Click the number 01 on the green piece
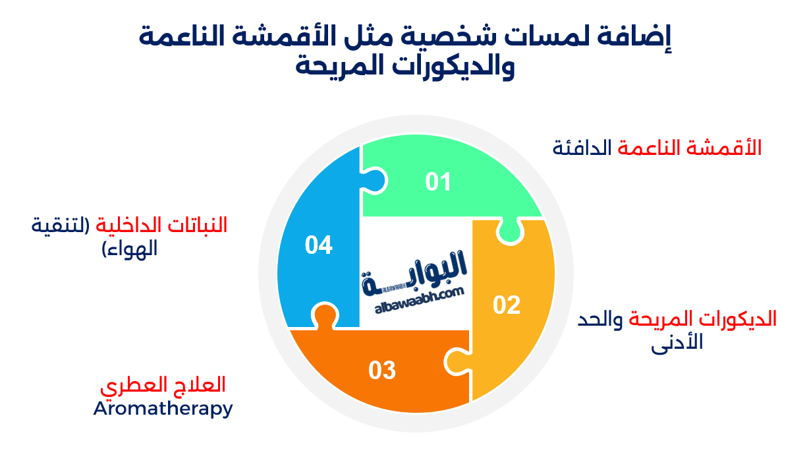[x=438, y=181]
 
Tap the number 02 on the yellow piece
[x=507, y=305]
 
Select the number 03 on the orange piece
[x=382, y=370]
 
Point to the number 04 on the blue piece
[x=319, y=245]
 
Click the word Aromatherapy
[x=163, y=408]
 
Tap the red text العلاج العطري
[x=163, y=384]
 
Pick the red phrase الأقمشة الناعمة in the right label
[x=689, y=148]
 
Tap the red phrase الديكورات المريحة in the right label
[x=703, y=320]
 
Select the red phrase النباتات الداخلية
[x=161, y=225]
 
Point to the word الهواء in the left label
[x=132, y=249]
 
